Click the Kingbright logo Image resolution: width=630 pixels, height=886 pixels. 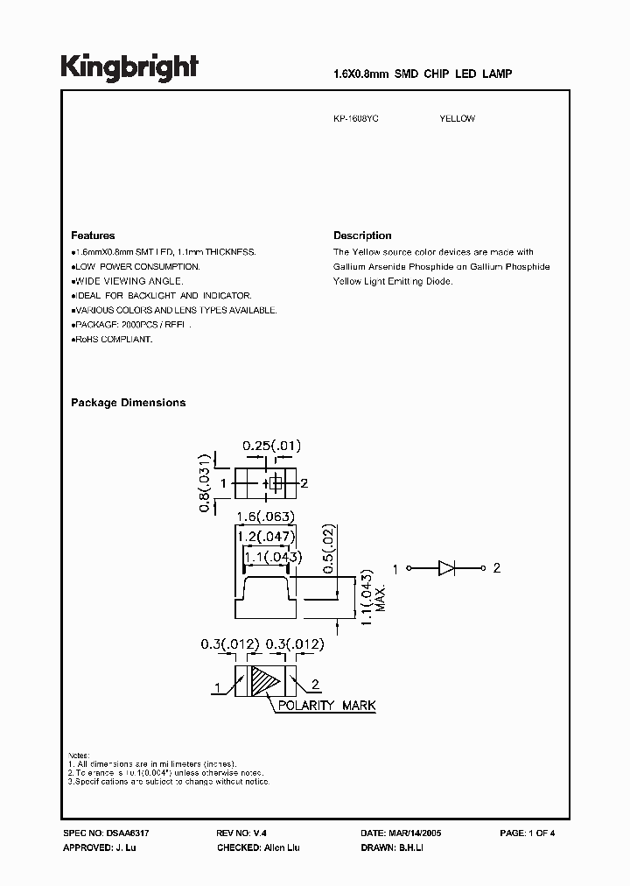pos(129,68)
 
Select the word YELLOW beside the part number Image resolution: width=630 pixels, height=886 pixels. pos(457,118)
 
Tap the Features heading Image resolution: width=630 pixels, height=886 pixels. pos(93,236)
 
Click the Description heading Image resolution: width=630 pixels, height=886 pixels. pos(362,236)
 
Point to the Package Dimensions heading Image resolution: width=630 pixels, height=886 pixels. pos(128,403)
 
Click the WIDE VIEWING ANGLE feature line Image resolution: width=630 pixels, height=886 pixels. pos(128,281)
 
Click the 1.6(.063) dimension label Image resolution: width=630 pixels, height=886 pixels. pos(263,517)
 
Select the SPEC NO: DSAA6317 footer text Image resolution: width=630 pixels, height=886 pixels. pos(101,833)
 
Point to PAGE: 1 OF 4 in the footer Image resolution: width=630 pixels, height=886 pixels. pos(527,833)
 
